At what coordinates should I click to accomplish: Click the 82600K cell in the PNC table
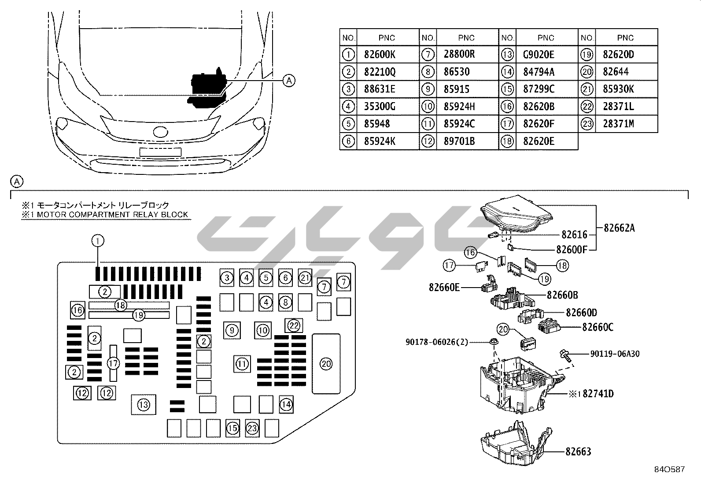(x=380, y=55)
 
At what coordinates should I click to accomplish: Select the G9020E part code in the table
(x=539, y=55)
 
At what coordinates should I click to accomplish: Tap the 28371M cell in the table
(x=618, y=124)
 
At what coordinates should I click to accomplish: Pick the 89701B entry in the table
(x=459, y=141)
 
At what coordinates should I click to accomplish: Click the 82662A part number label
(x=619, y=228)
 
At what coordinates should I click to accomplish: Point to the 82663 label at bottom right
(x=578, y=451)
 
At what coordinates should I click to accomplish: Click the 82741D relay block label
(x=598, y=393)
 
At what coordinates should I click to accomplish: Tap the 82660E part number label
(x=444, y=288)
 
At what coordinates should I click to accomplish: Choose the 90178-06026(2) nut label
(x=436, y=342)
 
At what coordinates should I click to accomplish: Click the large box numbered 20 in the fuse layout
(x=326, y=364)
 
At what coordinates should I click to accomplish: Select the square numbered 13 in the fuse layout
(x=144, y=404)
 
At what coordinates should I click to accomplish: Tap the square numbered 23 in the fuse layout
(x=252, y=428)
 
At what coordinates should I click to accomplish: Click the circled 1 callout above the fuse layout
(x=98, y=240)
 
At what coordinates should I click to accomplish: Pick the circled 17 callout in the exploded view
(x=449, y=266)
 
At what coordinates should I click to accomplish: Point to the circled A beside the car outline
(x=289, y=81)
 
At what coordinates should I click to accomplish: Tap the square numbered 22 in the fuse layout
(x=294, y=326)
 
